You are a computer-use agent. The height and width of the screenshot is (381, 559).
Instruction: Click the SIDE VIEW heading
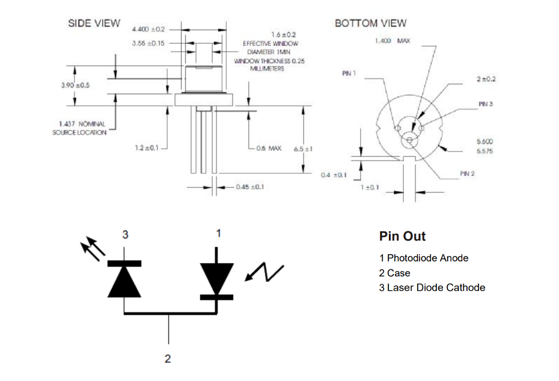[x=94, y=23]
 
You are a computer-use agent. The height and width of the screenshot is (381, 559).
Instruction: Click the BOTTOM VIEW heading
[x=370, y=23]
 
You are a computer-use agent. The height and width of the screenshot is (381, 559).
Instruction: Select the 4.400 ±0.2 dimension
[x=148, y=29]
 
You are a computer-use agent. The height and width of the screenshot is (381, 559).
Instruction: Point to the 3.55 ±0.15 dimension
[x=148, y=43]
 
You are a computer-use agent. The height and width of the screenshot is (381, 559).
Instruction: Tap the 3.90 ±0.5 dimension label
[x=75, y=85]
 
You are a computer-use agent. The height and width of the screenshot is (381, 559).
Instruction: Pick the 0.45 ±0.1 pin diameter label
[x=250, y=187]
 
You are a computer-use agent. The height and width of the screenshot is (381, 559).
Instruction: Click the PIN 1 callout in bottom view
[x=349, y=73]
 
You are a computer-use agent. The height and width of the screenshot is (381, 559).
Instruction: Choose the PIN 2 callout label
[x=468, y=173]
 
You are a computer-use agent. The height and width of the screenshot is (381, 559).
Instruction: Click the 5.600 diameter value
[x=484, y=142]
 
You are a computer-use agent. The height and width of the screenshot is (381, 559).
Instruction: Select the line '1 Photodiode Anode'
[x=424, y=258]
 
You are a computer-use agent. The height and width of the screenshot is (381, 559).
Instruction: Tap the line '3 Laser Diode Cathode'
[x=432, y=287]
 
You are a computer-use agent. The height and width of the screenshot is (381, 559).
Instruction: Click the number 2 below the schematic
[x=168, y=359]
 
